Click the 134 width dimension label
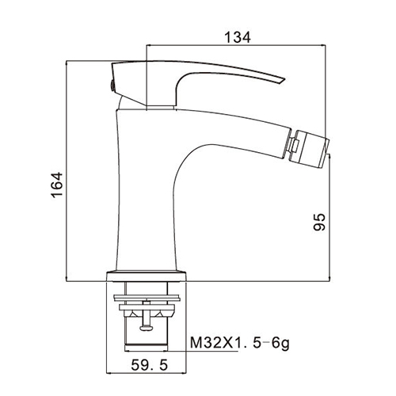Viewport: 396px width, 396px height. click(238, 37)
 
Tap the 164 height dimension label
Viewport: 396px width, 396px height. click(57, 185)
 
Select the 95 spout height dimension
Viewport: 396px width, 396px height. click(319, 222)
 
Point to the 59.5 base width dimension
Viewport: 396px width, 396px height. click(150, 365)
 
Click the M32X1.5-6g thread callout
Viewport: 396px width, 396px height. click(240, 343)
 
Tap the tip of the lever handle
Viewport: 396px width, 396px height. click(284, 78)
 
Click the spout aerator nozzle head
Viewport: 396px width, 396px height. click(312, 149)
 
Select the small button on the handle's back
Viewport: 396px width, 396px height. click(112, 86)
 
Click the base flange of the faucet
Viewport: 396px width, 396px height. click(147, 276)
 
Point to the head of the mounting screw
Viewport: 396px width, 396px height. click(147, 328)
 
